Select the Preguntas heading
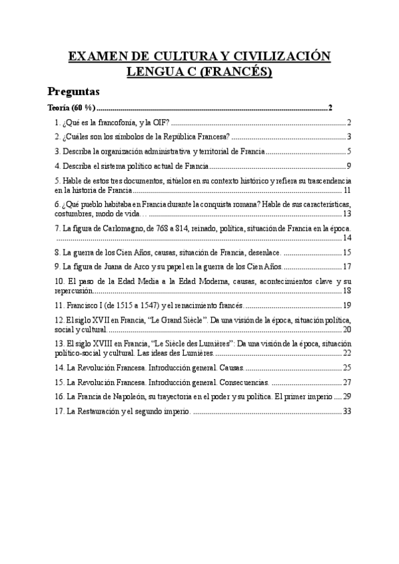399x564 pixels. (73, 91)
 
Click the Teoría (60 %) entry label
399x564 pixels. (72, 108)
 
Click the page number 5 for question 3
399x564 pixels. (348, 152)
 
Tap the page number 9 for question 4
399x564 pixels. (348, 166)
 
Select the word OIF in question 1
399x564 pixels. (163, 123)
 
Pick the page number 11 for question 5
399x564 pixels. (347, 190)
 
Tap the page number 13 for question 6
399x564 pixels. (346, 213)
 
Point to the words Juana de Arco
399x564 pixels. (123, 267)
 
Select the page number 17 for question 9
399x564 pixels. (346, 267)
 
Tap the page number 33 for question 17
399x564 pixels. (346, 412)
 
